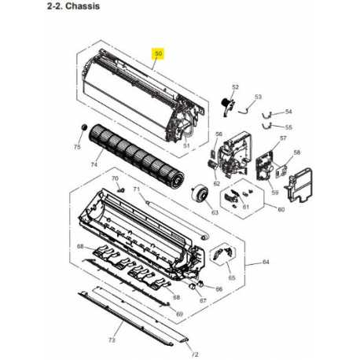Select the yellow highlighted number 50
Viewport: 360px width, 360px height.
pyautogui.click(x=159, y=53)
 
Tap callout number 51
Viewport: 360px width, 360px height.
pyautogui.click(x=186, y=146)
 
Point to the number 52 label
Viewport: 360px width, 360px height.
pyautogui.click(x=234, y=86)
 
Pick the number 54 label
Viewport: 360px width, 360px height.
pyautogui.click(x=288, y=112)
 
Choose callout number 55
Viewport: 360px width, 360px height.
pyautogui.click(x=288, y=127)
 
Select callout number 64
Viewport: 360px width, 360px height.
pyautogui.click(x=266, y=262)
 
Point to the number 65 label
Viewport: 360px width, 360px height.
pyautogui.click(x=230, y=278)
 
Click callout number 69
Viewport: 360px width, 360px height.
pyautogui.click(x=180, y=314)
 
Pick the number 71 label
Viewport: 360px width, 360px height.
pyautogui.click(x=135, y=189)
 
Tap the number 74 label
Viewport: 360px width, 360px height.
pyautogui.click(x=94, y=164)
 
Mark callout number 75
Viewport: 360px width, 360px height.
pyautogui.click(x=76, y=147)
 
